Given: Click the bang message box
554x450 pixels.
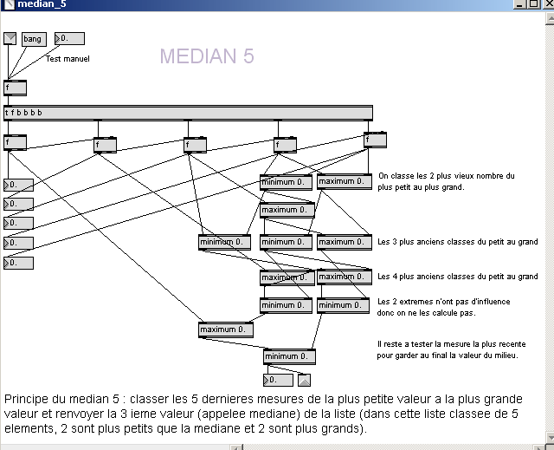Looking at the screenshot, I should (33, 39).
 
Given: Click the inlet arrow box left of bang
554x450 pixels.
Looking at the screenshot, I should (10, 38).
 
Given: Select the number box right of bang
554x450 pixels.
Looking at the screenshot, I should (70, 38).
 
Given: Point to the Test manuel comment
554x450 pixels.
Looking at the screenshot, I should (68, 59).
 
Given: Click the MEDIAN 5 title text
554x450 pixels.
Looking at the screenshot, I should (207, 57).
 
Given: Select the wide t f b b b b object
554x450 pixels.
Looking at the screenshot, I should (188, 113).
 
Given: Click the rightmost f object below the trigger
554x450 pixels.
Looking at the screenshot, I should (375, 140).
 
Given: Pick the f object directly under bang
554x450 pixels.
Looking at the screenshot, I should (15, 88).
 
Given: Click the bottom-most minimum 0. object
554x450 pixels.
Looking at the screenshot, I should (289, 356).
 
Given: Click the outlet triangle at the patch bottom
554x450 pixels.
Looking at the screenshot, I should (304, 380).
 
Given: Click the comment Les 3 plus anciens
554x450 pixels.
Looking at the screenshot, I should (457, 242).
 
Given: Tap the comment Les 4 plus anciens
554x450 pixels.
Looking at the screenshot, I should (457, 277).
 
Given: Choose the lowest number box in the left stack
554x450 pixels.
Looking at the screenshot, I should (18, 263).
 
